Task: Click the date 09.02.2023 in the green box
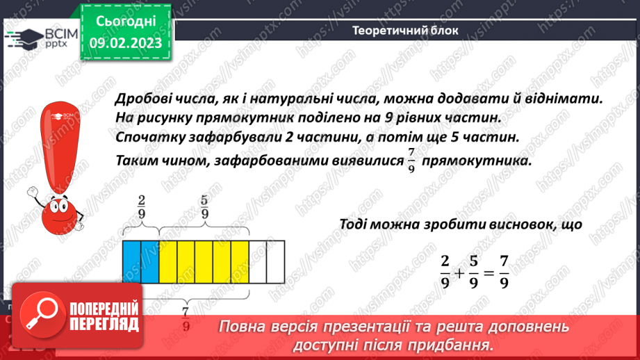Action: pos(126,42)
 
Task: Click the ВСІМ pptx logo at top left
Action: pos(39,39)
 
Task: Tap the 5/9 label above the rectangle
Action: pos(204,207)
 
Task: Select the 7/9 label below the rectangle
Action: pos(186,320)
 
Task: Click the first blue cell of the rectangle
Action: pos(131,262)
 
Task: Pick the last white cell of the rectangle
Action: pos(276,262)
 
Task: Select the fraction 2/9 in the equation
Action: pos(445,271)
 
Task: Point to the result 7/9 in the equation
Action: pos(504,271)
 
